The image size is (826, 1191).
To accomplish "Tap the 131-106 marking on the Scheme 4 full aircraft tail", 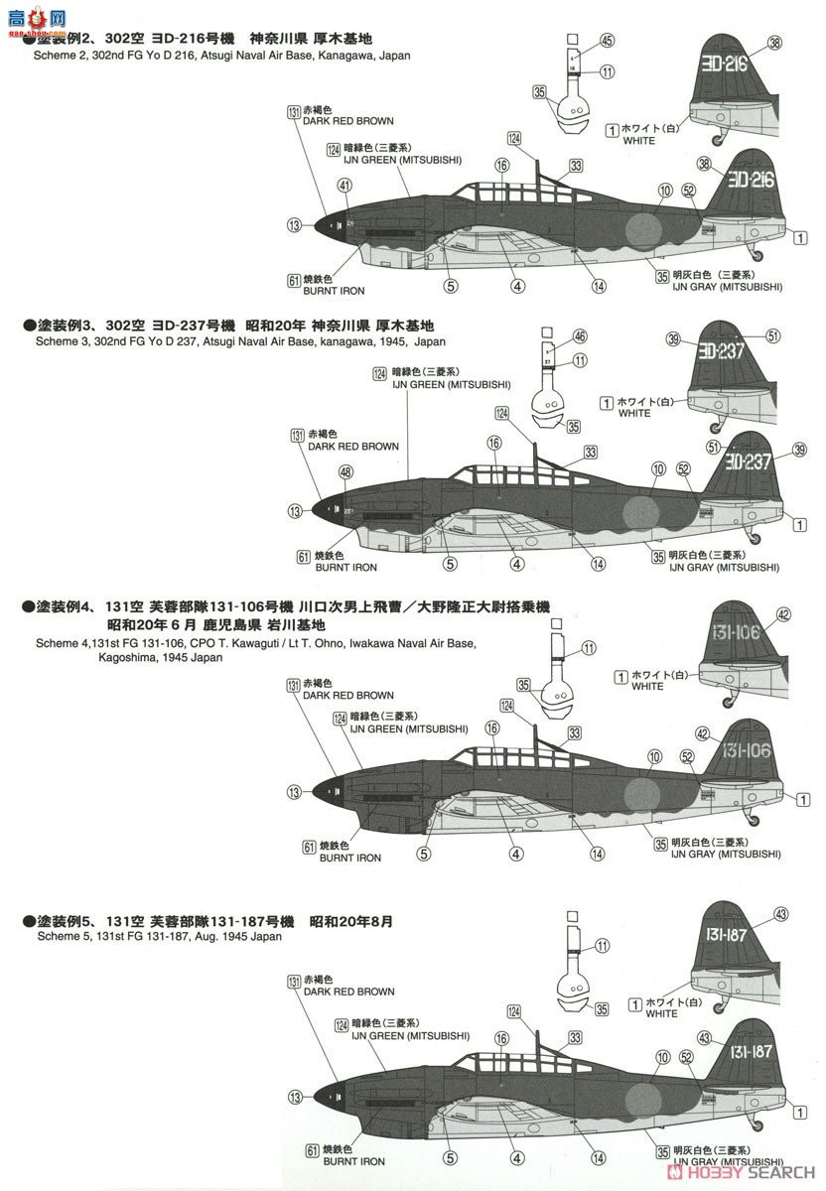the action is point(746,750).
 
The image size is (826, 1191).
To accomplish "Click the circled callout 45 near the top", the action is point(608,40).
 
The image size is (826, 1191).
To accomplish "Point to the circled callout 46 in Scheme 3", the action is point(608,336).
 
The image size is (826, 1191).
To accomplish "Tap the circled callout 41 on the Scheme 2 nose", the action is point(344,185).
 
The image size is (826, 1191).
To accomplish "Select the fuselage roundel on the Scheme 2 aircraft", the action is point(641,229).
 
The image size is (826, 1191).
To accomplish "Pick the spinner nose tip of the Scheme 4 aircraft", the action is point(316,792).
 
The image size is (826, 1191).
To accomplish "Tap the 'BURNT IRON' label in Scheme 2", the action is point(340,291).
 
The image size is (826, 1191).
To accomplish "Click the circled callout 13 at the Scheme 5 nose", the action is point(294,1097).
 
